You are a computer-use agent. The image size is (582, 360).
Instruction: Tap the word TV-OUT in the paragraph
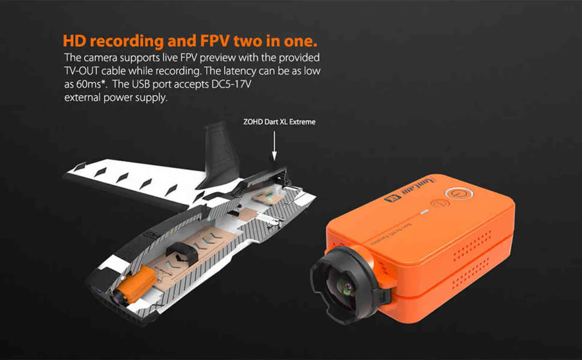(x=81, y=71)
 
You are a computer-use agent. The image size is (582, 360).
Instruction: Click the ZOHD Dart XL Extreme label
(x=279, y=122)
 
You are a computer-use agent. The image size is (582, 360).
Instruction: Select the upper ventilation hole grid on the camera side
(x=473, y=244)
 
